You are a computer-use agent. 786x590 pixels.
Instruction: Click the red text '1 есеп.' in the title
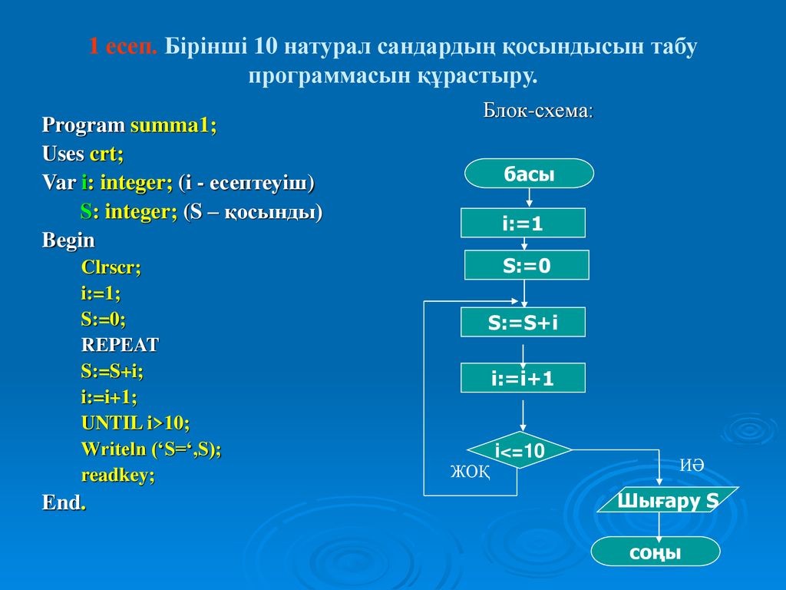point(124,46)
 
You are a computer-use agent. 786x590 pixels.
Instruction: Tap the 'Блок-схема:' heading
point(538,111)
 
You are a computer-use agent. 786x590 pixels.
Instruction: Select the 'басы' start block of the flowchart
point(530,174)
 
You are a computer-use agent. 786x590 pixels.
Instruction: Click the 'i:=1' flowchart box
point(523,223)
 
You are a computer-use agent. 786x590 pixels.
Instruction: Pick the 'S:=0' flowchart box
point(527,265)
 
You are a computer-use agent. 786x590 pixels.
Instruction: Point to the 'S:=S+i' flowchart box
point(523,322)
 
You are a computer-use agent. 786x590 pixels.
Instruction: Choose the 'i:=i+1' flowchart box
point(523,378)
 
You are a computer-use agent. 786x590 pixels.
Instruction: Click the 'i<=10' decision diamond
point(520,450)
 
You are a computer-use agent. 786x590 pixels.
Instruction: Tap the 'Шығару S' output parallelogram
point(668,499)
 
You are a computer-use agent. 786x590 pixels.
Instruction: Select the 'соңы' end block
point(656,552)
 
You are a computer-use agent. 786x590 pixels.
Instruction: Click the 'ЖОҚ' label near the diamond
point(471,472)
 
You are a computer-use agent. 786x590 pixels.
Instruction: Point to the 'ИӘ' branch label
point(692,465)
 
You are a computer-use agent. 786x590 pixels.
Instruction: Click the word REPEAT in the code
point(120,345)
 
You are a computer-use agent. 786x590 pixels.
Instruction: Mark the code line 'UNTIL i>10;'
point(135,423)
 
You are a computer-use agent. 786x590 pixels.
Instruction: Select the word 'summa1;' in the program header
point(173,125)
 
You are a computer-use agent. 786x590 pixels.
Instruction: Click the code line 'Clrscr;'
point(111,267)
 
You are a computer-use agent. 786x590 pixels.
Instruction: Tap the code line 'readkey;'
point(117,475)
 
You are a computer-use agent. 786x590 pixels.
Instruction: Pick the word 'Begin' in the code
point(68,240)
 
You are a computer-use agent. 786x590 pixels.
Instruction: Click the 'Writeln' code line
point(151,449)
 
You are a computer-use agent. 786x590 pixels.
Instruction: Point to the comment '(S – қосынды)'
point(253,212)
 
